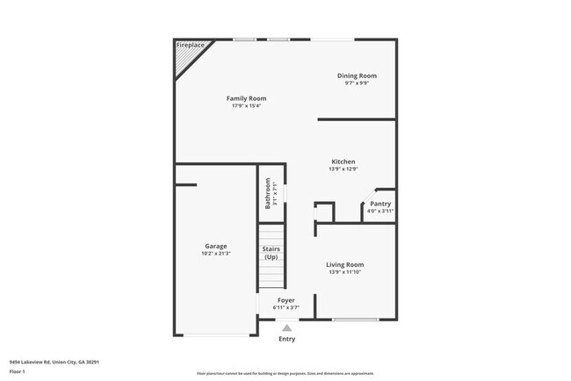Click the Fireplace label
coord(190,45)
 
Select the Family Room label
coord(246,98)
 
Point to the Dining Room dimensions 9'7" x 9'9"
coord(357,83)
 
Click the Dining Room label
coord(357,75)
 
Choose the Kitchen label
coord(343,162)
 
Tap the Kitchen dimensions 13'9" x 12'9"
coord(343,169)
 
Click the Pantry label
coord(380,204)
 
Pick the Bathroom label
coord(268,193)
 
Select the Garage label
coord(216,246)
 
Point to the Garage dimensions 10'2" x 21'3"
coord(216,254)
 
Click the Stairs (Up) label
coord(271,253)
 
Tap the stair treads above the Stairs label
coord(271,234)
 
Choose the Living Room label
coord(345,264)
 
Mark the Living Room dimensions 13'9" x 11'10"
coord(345,272)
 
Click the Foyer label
coord(286,300)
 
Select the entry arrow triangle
coord(286,328)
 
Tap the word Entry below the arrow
coord(286,339)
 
